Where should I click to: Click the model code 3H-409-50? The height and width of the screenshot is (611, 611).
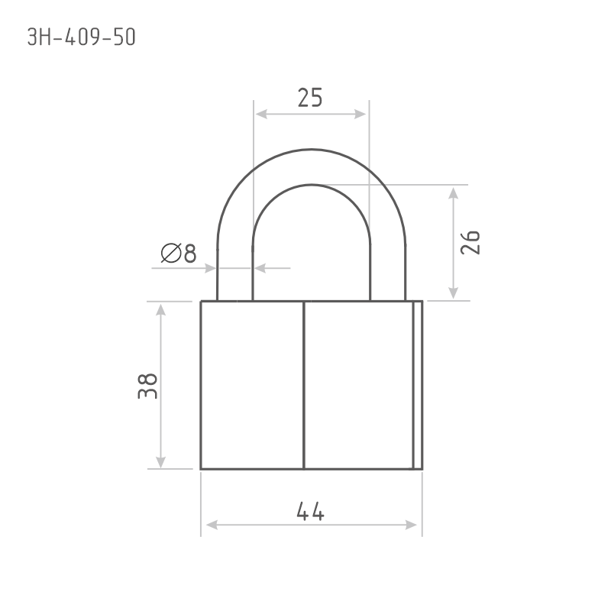click(81, 37)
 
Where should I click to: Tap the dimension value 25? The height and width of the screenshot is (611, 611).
click(310, 98)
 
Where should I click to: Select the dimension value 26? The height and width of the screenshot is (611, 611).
click(470, 242)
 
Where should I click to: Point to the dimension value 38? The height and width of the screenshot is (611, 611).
click(147, 386)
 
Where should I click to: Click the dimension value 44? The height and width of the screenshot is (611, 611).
click(310, 511)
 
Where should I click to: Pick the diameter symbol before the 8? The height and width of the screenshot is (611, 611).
click(171, 253)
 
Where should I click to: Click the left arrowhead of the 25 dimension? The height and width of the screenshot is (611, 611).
click(261, 114)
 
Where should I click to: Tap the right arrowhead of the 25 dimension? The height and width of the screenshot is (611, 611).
click(360, 114)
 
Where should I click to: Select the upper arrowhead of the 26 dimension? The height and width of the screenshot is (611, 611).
click(453, 193)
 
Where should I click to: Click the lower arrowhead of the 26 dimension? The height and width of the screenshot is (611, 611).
click(453, 293)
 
